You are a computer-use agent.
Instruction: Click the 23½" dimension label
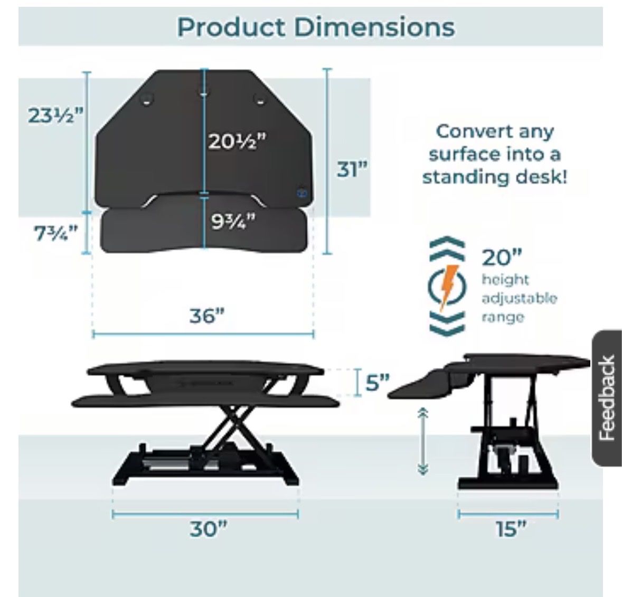point(55,116)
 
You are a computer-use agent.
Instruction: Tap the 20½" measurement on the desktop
point(238,141)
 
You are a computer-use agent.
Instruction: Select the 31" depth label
point(352,169)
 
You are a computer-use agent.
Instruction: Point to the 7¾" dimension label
point(55,233)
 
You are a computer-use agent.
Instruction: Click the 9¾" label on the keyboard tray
point(233,221)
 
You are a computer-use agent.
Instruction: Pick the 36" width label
point(206,316)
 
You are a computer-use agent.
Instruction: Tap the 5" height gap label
point(377,382)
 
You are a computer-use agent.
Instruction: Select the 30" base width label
point(209,528)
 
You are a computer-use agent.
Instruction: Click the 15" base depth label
point(511,528)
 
